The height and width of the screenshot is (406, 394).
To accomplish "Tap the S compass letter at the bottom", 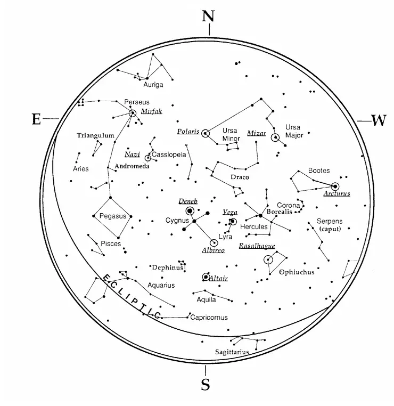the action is [x=206, y=384].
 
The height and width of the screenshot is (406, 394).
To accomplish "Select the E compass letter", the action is [x=36, y=119].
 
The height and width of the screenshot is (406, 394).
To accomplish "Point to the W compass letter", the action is [x=378, y=121].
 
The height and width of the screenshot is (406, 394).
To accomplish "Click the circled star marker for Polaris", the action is [x=206, y=134].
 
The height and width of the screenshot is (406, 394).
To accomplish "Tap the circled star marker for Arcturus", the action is [x=335, y=186].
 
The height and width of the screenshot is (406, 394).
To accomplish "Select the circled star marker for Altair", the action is [x=206, y=277].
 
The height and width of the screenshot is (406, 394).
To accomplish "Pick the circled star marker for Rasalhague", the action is [x=268, y=260].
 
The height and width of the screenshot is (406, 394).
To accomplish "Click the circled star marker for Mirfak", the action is [x=133, y=113].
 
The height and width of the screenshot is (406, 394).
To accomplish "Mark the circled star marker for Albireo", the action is [x=214, y=242].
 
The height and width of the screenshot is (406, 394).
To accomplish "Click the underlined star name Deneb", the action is [x=188, y=201].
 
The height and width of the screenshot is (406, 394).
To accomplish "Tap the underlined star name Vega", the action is [x=230, y=212].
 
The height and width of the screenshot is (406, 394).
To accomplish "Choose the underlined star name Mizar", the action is [x=257, y=133].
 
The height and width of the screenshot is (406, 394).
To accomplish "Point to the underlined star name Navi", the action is [x=132, y=155].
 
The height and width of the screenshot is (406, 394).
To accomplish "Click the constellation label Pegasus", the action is [x=113, y=216].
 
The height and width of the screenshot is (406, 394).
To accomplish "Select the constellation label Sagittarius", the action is [x=232, y=352].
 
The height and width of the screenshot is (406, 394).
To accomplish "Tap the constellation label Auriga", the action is [x=153, y=84].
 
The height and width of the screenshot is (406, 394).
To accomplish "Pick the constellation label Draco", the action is [x=240, y=177].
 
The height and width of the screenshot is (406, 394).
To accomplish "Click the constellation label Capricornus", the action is [x=209, y=318].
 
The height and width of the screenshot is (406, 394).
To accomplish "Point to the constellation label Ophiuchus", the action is [x=297, y=272].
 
